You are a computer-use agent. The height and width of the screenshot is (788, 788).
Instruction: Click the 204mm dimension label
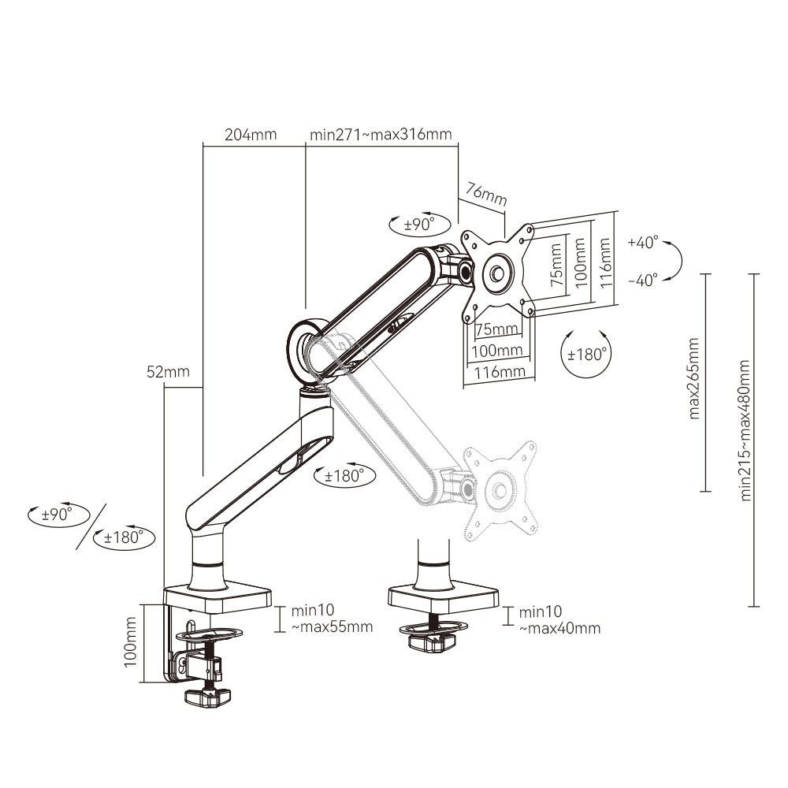[251, 134]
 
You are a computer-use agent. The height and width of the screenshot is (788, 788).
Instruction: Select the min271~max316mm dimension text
[381, 134]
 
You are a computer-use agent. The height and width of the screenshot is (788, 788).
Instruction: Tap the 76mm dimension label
[485, 195]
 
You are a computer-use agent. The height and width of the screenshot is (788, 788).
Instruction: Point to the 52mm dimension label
[167, 372]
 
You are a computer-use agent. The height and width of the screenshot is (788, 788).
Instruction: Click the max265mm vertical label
[693, 378]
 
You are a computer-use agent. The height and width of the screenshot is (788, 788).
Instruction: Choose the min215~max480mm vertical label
[745, 429]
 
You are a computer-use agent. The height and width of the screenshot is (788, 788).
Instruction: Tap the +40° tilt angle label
[643, 243]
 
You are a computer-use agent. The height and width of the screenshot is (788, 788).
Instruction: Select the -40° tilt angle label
[643, 281]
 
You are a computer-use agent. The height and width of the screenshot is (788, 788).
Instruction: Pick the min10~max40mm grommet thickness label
[559, 620]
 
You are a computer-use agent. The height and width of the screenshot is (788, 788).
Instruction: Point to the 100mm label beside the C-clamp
[132, 641]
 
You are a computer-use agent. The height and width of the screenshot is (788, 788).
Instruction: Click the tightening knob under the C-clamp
[210, 697]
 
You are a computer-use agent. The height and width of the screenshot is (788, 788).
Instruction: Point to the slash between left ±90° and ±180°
[92, 526]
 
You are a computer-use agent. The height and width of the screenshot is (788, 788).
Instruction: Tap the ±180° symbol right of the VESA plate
[589, 355]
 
